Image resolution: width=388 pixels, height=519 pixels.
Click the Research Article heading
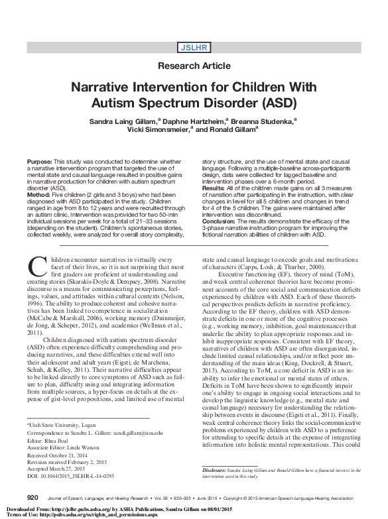click(194, 66)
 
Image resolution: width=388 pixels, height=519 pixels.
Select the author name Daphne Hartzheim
click(188, 122)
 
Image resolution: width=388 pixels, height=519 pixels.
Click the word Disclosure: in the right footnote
click(214, 470)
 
